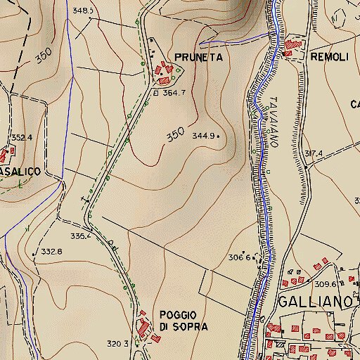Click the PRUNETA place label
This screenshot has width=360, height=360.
(200, 58)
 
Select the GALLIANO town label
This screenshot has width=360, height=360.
(314, 302)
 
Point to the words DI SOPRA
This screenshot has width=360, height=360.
(184, 327)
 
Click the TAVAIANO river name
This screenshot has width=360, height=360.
(275, 121)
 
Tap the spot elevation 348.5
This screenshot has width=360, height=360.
(83, 11)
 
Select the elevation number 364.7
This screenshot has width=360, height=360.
(173, 92)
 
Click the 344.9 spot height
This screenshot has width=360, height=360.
(203, 136)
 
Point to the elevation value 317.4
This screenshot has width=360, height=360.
(313, 153)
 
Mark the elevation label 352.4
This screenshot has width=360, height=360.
(22, 138)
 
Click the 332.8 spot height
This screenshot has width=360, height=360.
(51, 251)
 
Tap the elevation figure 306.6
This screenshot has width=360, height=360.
(240, 257)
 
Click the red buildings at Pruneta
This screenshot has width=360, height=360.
(165, 72)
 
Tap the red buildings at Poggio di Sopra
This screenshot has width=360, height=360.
(144, 327)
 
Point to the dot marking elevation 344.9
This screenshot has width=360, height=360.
(219, 135)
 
